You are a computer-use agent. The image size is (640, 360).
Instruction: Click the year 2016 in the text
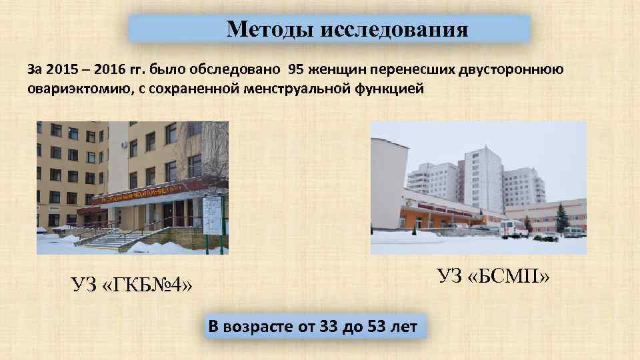tap(115, 69)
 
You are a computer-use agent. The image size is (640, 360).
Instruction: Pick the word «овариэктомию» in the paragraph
tap(67, 89)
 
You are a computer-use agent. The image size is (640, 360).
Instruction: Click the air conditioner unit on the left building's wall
tap(125, 145)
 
